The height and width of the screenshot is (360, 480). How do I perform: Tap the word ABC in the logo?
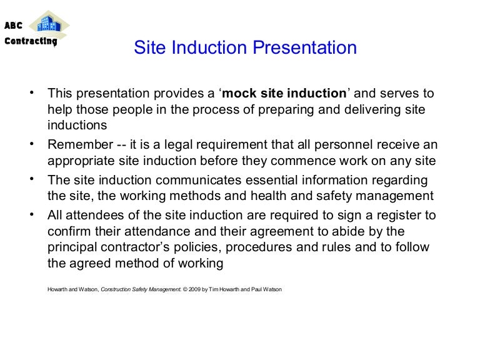coord(14,26)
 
